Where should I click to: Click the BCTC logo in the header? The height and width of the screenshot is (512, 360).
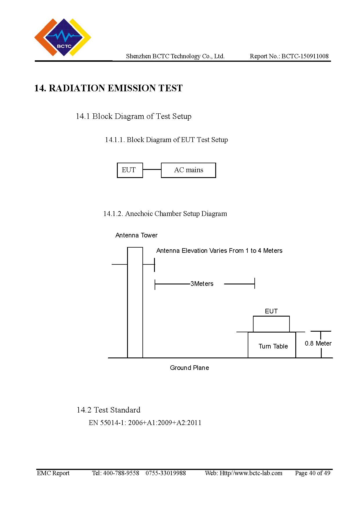[63, 37]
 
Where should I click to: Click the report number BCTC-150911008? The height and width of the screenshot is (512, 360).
[305, 56]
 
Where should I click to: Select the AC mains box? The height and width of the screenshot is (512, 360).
[188, 170]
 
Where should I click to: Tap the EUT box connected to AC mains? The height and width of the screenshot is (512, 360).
[130, 170]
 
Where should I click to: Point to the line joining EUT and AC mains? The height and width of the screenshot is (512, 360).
[152, 170]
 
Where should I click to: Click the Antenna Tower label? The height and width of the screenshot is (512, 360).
[136, 235]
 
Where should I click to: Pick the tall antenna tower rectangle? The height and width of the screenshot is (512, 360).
[135, 302]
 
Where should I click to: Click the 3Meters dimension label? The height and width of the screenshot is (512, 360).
[202, 284]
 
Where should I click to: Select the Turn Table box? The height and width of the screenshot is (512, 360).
[272, 345]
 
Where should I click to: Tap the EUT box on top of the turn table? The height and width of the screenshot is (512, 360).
[271, 324]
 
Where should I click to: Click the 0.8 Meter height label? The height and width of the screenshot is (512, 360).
[318, 344]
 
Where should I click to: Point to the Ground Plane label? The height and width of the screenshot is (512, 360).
[189, 368]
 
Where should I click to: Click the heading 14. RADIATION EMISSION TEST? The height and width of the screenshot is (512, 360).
[108, 88]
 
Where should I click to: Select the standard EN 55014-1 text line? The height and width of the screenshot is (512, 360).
[145, 423]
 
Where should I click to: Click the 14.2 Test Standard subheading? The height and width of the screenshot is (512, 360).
[108, 410]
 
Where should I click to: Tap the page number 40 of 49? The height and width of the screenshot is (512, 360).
[313, 473]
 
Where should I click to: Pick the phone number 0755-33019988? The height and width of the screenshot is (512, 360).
[166, 473]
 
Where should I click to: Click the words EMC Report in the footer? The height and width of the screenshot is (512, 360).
[53, 473]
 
